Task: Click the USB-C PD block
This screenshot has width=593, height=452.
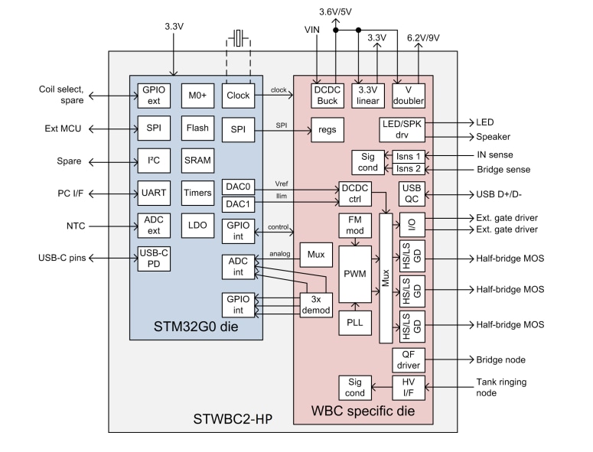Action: point(153,259)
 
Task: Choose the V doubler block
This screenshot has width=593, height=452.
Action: point(408,95)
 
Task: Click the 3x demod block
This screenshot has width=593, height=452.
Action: point(314,304)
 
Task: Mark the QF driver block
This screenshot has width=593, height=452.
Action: point(407,359)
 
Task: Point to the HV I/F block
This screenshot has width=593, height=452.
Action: point(407,387)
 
